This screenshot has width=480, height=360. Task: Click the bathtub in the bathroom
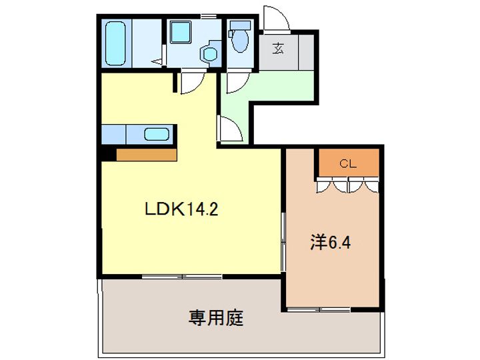pos(117,43)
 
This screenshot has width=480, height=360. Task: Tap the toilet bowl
pos(239,41)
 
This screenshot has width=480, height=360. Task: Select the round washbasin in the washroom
pos(210,54)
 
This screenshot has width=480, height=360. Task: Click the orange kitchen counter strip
pos(146,155)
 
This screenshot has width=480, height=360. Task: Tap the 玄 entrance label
pos(277,47)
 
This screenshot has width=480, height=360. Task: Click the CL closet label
pos(348,163)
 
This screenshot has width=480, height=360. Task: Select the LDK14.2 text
pos(182,209)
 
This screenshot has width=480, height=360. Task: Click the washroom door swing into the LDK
pos(190,83)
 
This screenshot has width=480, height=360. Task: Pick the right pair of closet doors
pos(364,185)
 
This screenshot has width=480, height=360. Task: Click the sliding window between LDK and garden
pos(182,275)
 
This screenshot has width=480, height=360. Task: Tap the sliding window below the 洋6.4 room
pos(319,309)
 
